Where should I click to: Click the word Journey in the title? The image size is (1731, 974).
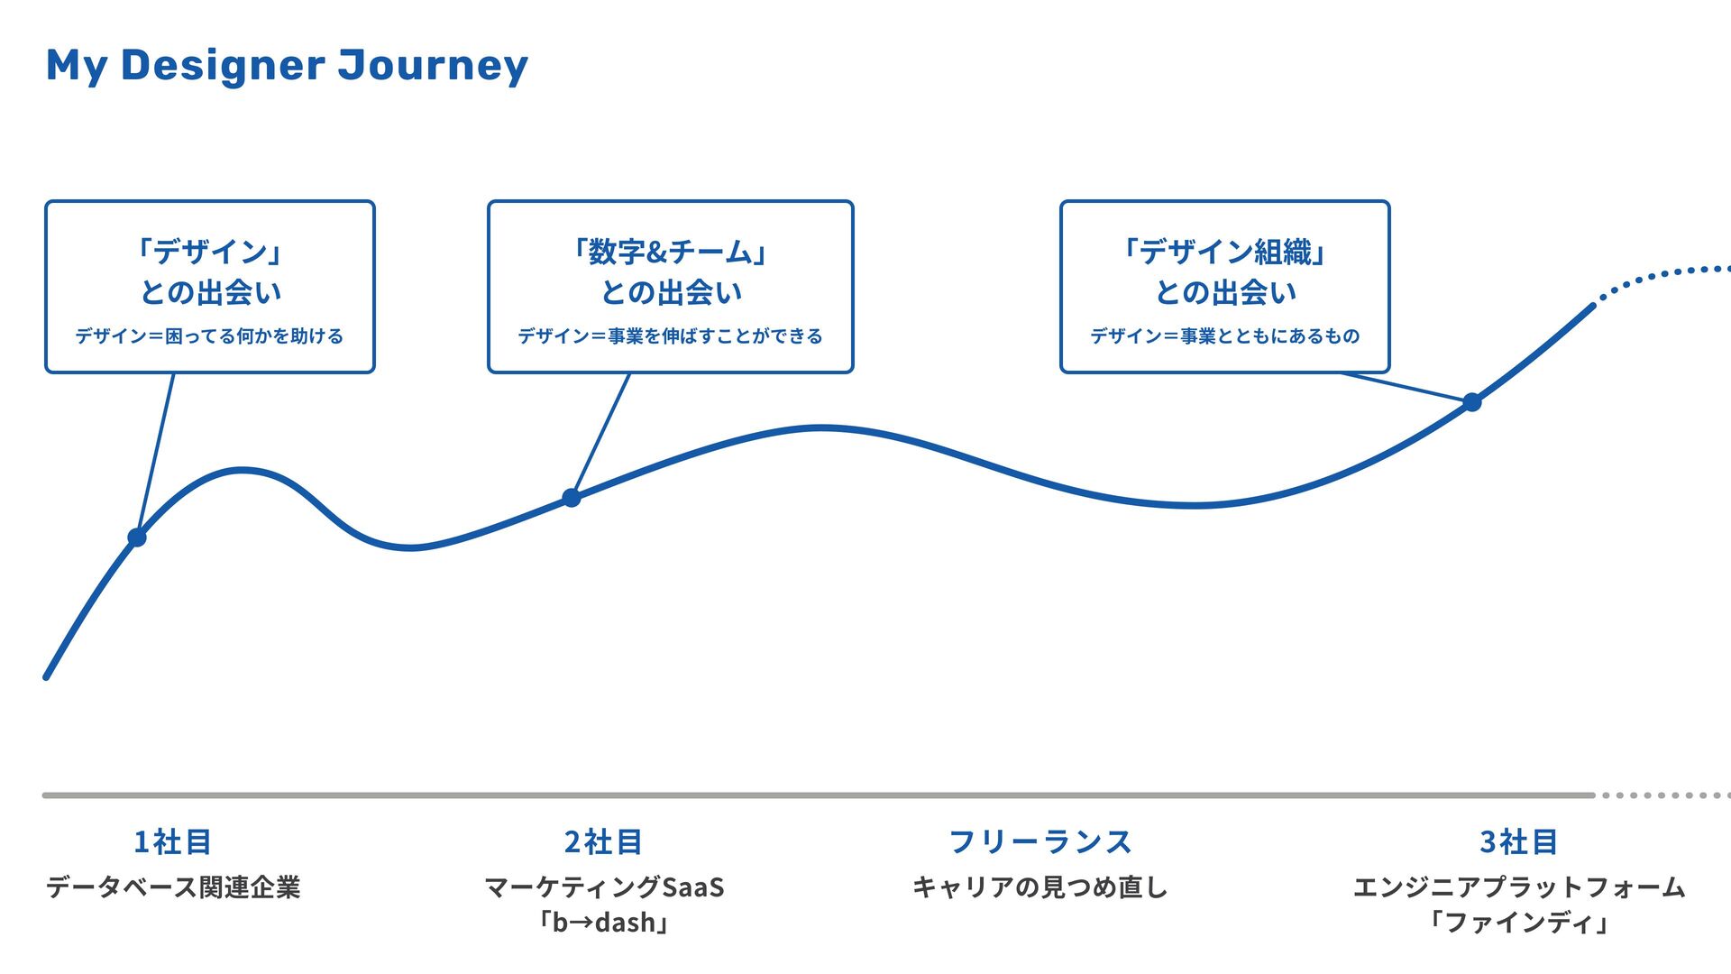coord(433,66)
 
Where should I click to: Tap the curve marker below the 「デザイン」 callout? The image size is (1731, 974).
coord(137,538)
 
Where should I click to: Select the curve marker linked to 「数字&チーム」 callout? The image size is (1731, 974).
coord(572,498)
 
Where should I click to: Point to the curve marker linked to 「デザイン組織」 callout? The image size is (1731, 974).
coord(1472,402)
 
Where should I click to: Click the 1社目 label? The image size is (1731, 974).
coord(172,841)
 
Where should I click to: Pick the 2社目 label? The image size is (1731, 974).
coord(603,841)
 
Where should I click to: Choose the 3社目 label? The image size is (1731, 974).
coord(1519,841)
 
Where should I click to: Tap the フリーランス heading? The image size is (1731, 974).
coord(1040,841)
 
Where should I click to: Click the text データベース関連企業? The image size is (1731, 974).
coord(173,887)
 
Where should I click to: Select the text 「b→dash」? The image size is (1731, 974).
coord(603,923)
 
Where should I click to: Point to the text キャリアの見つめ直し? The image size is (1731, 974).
coord(1040,887)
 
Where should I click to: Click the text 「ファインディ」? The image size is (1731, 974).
coord(1519,923)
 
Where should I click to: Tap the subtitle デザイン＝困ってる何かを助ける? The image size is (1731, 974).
coord(209,336)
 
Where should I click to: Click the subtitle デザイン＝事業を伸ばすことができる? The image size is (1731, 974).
coord(670,336)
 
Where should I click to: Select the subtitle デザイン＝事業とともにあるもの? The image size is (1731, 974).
coord(1224,336)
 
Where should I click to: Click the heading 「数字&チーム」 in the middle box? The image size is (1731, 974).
coord(670,252)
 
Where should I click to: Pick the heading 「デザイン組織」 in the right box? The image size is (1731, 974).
coord(1224,252)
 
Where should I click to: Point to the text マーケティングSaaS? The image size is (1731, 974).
coord(604,887)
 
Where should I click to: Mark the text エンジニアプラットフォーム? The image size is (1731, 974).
coord(1519,887)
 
